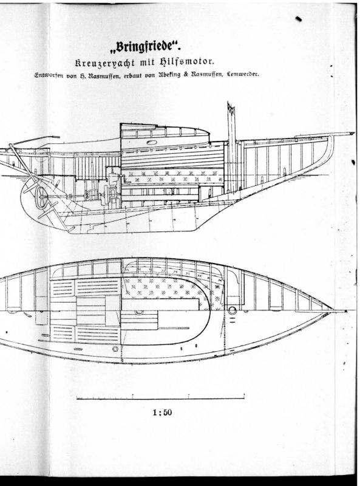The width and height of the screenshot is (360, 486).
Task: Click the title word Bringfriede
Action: [x=144, y=47]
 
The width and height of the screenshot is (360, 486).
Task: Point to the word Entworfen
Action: [x=49, y=75]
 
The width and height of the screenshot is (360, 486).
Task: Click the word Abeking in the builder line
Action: [x=169, y=75]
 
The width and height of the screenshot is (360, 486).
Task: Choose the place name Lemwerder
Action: [x=243, y=74]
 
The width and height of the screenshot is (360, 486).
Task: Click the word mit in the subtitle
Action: [x=147, y=63]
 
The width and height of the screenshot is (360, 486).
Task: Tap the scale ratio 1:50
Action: [x=162, y=412]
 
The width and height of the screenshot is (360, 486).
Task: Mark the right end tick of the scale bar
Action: [x=244, y=397]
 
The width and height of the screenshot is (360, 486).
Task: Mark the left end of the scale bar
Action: [x=77, y=398]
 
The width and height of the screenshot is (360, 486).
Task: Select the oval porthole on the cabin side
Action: [x=152, y=143]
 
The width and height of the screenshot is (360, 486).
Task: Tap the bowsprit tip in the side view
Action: [x=353, y=133]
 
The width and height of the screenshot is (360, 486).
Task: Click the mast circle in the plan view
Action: [x=232, y=310]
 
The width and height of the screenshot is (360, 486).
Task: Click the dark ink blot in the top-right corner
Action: [x=298, y=19]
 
